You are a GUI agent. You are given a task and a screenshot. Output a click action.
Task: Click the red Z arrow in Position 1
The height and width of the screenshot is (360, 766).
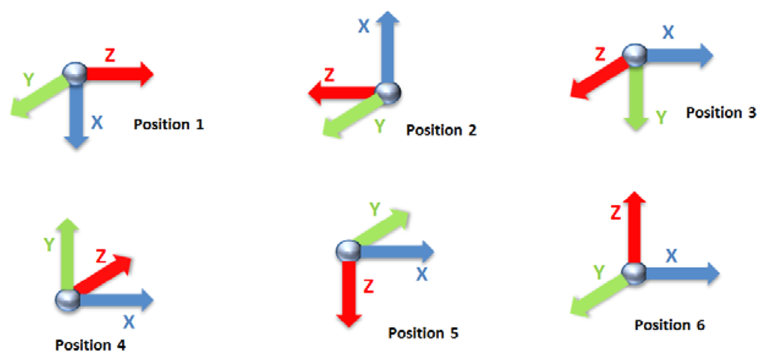120,74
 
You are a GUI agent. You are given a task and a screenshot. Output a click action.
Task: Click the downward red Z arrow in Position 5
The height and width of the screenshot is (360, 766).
347,292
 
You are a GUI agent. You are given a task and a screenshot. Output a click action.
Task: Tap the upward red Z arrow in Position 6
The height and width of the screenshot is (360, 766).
634,228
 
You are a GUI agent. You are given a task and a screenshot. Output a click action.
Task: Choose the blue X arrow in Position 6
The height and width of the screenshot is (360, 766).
681,273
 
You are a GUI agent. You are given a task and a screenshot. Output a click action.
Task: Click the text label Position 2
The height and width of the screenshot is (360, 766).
441,130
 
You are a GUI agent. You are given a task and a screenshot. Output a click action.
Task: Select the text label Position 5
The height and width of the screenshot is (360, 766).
423,332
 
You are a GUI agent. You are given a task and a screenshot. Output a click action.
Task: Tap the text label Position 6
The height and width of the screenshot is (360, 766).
670,325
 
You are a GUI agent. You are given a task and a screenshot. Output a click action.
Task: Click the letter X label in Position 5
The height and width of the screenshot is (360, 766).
422,275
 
